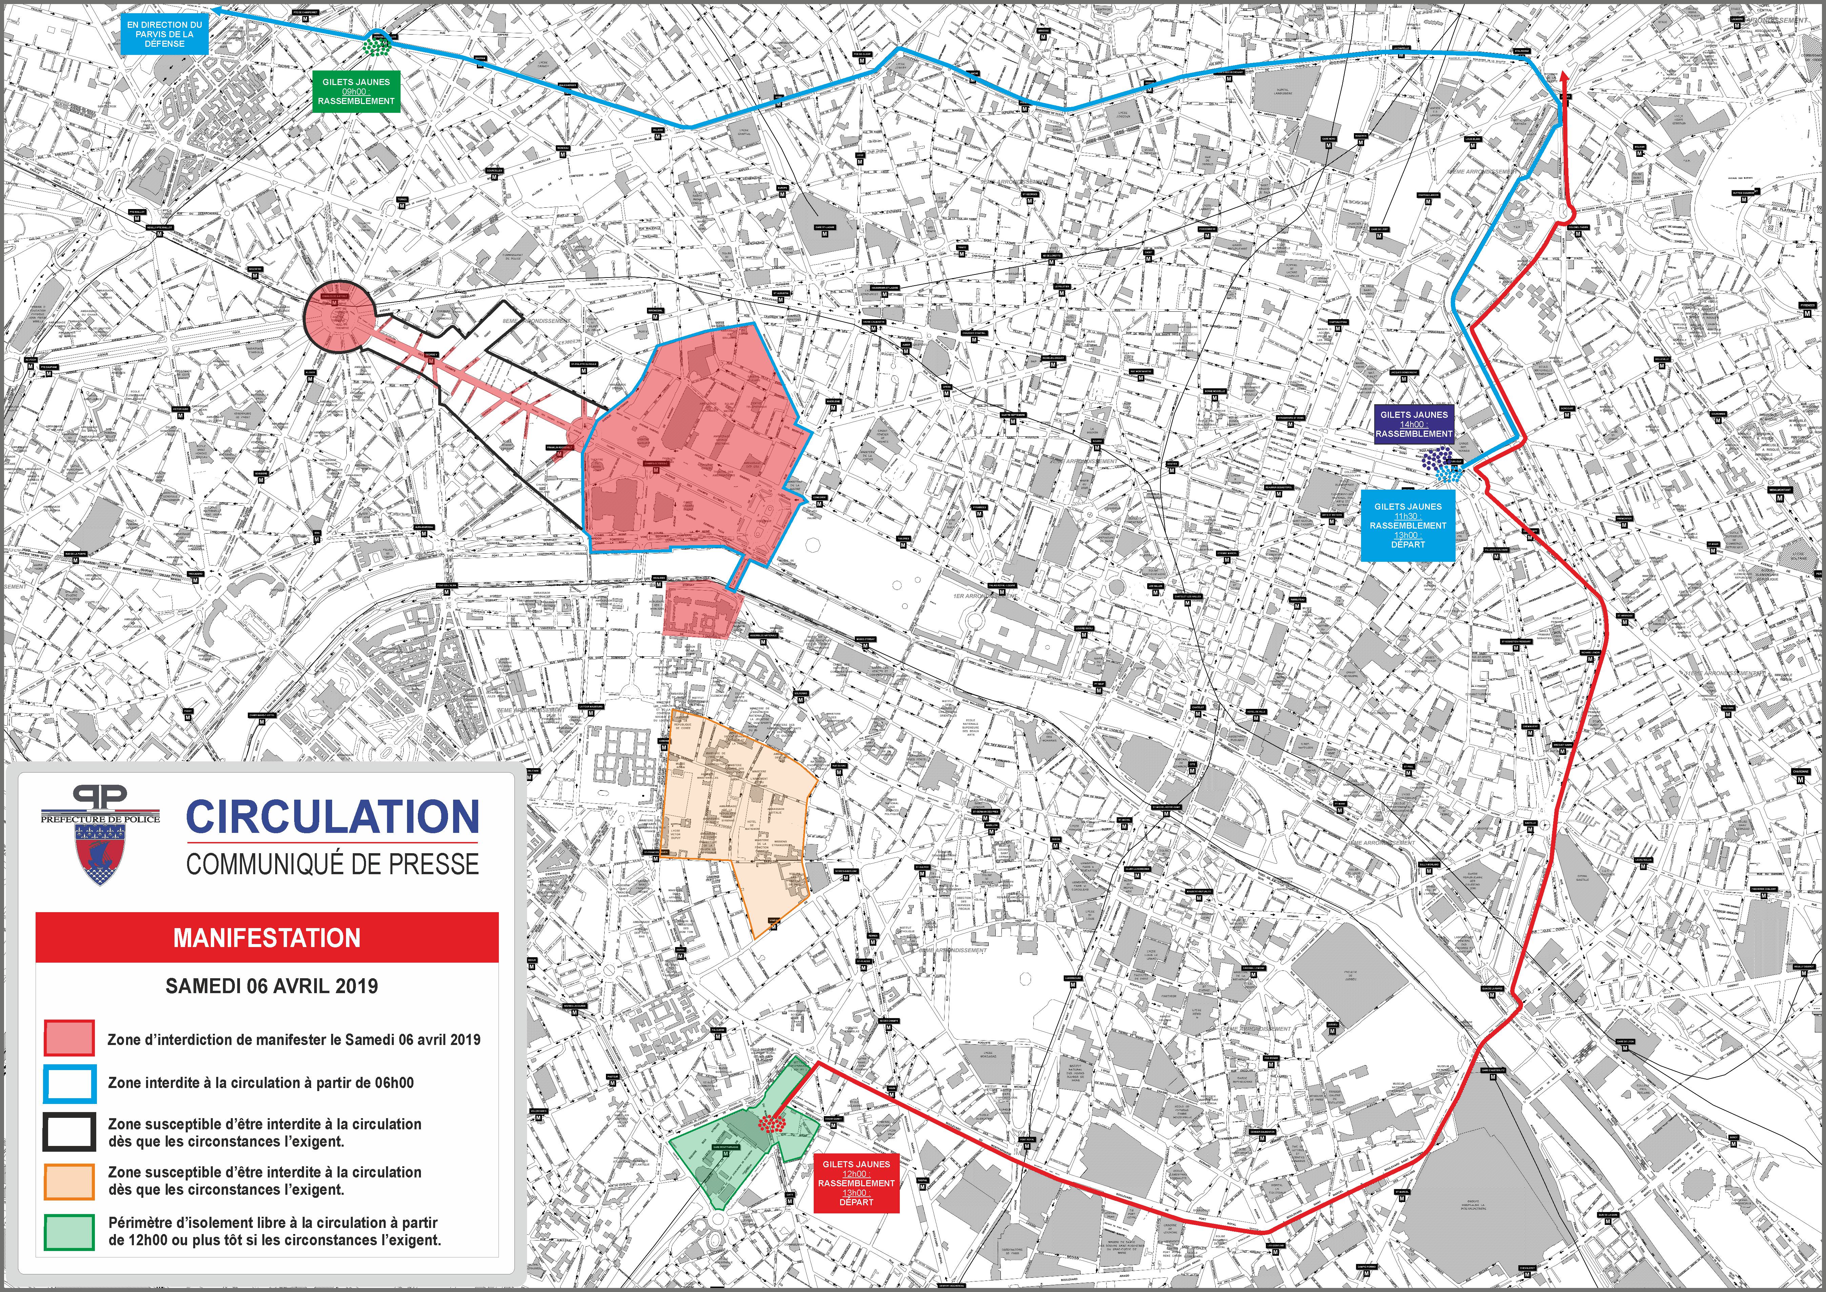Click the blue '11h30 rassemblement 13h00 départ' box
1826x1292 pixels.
click(1407, 525)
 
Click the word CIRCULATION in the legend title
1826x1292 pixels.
click(332, 817)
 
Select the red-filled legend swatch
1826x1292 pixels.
click(69, 1039)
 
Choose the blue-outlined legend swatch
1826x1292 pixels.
click(69, 1083)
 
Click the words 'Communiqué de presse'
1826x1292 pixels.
click(332, 864)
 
